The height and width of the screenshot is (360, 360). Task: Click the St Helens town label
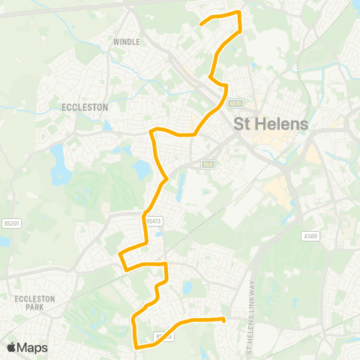tap(271, 124)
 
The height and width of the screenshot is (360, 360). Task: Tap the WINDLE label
tap(126, 42)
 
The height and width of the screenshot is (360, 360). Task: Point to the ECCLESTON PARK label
tap(35, 303)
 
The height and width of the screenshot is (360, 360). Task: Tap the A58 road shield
tap(208, 164)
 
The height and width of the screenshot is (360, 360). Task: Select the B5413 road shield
tap(154, 221)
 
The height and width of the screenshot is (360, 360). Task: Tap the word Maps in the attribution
tap(34, 347)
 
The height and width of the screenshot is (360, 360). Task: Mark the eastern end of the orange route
tap(223, 319)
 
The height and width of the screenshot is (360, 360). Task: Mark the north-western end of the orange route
tap(201, 24)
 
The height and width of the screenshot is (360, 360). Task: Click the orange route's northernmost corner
tap(238, 13)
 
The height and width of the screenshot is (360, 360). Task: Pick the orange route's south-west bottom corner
tap(135, 346)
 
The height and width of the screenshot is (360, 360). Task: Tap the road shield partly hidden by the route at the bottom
tap(164, 336)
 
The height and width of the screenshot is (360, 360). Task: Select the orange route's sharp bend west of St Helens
tap(151, 132)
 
